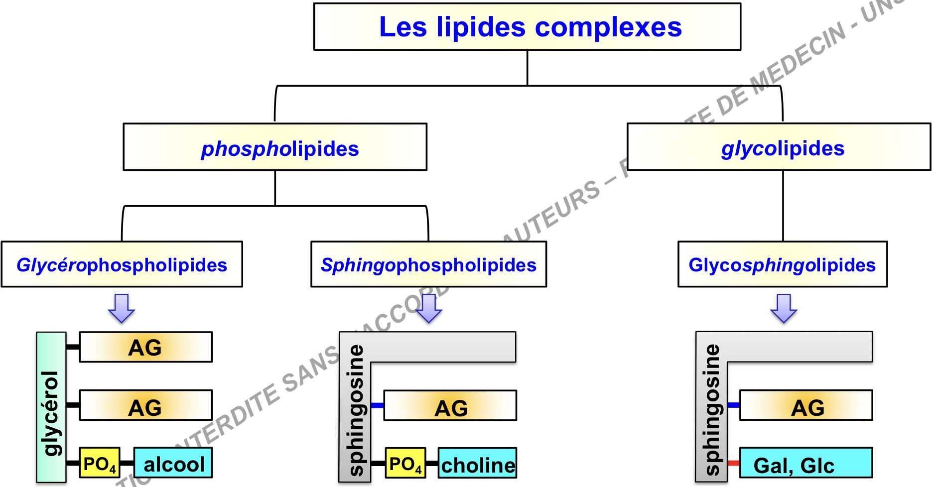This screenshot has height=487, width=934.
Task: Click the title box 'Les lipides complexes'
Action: click(x=527, y=27)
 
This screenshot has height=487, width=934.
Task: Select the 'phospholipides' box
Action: click(x=275, y=147)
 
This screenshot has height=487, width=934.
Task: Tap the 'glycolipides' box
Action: click(x=779, y=147)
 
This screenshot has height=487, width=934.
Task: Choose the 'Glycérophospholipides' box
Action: click(x=122, y=264)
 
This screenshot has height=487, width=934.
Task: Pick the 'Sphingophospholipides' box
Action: click(x=428, y=264)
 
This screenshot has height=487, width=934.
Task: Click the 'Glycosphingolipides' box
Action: click(x=782, y=264)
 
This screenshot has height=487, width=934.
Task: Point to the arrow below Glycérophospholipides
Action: click(x=122, y=308)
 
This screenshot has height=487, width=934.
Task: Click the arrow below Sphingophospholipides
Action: click(x=428, y=308)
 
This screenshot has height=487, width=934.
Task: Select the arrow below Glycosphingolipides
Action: click(x=784, y=308)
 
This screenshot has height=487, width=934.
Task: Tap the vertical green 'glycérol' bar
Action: click(x=51, y=407)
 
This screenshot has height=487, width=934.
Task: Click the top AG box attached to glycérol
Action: click(x=145, y=347)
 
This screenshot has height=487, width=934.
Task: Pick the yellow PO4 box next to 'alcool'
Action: click(x=100, y=463)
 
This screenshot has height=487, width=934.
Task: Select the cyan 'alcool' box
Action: click(x=173, y=463)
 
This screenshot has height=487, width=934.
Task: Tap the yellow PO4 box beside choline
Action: click(x=405, y=463)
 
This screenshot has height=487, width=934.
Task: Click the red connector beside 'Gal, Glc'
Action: click(x=733, y=463)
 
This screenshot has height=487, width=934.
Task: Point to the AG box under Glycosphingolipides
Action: click(x=806, y=406)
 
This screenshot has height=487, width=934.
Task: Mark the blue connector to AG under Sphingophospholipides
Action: click(x=377, y=405)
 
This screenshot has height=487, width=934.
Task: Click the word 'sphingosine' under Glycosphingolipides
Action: click(x=712, y=409)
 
